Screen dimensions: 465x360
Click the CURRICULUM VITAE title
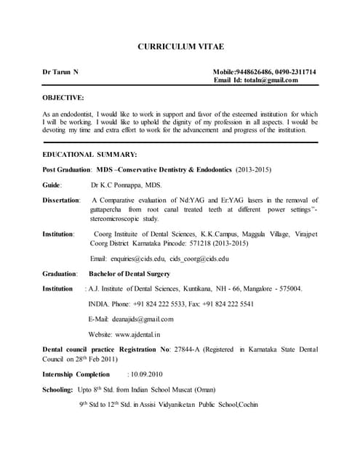180,46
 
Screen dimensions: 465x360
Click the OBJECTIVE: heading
63,97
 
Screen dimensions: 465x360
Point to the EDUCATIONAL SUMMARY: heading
89,155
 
